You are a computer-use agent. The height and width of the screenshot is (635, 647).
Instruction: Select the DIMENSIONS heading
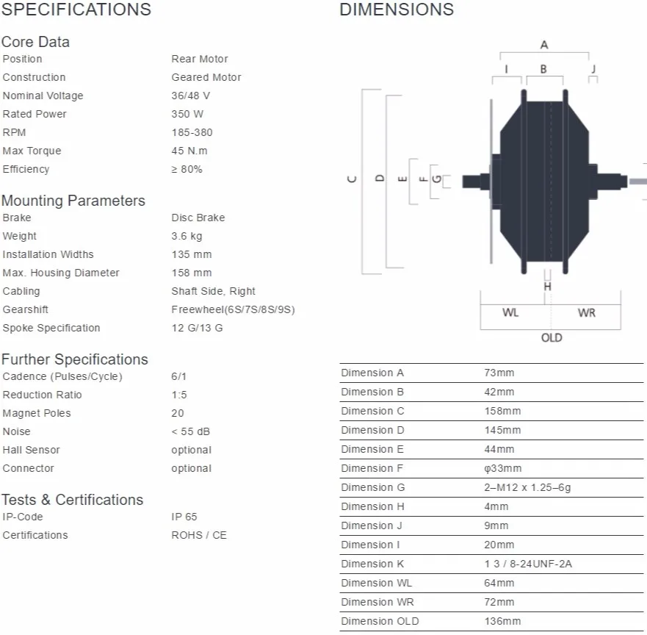point(396,10)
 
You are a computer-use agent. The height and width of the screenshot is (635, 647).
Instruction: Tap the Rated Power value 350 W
point(187,114)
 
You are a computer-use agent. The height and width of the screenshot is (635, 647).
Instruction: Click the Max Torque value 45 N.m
point(189,151)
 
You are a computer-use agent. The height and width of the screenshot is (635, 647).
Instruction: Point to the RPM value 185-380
point(192,132)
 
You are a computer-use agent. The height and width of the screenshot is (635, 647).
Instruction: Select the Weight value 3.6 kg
point(187,236)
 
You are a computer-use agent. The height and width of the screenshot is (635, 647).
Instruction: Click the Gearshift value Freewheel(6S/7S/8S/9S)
point(233,309)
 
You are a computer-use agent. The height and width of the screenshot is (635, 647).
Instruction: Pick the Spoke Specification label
point(51,328)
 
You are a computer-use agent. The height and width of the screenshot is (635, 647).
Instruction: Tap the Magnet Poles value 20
point(178,413)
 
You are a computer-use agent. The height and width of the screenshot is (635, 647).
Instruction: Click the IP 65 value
point(184,517)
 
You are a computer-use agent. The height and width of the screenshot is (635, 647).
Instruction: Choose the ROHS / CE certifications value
point(199,535)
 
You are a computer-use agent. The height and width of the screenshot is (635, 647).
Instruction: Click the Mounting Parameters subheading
point(73,201)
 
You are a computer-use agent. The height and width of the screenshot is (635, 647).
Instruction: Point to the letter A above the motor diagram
point(544,45)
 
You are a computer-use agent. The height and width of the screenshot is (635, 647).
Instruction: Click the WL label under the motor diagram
point(510,313)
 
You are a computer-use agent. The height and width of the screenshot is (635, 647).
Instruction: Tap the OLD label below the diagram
point(552,337)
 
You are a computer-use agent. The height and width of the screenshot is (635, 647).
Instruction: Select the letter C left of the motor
point(352,179)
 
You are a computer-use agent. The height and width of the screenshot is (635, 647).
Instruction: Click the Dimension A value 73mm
point(499,373)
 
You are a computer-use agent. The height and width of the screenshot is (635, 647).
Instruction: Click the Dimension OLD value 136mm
point(502,621)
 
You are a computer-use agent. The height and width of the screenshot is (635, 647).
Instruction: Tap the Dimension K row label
point(372,564)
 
